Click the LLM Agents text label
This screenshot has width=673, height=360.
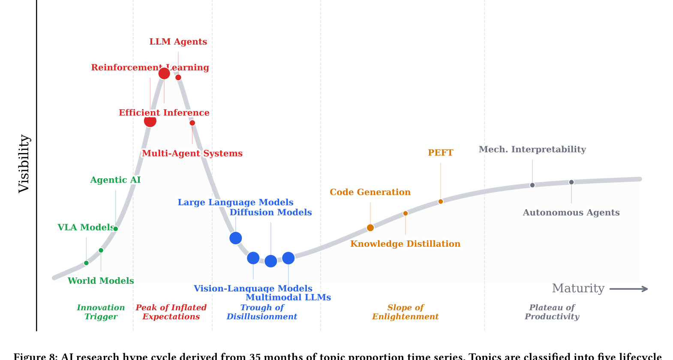click(x=178, y=42)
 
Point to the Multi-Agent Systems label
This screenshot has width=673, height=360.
click(x=192, y=153)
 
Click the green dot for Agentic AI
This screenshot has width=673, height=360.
click(x=115, y=229)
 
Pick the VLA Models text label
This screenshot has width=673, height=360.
click(x=86, y=228)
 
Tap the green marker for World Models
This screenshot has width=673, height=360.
click(x=101, y=250)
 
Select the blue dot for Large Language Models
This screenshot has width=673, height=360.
click(x=235, y=238)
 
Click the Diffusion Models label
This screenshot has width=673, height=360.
click(x=270, y=213)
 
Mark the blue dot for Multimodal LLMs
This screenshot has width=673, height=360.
click(x=288, y=258)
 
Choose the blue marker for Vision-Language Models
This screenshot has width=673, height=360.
click(x=253, y=258)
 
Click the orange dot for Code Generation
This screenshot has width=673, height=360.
click(x=370, y=228)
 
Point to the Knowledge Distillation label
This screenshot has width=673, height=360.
click(x=405, y=244)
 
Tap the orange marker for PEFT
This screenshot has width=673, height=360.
click(x=440, y=201)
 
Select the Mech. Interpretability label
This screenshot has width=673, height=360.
click(x=532, y=150)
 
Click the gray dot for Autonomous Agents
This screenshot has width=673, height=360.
click(x=571, y=182)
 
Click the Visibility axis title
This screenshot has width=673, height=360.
click(x=24, y=164)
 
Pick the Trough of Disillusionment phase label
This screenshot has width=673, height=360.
click(x=261, y=312)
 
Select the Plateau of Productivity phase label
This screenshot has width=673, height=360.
click(x=552, y=312)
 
